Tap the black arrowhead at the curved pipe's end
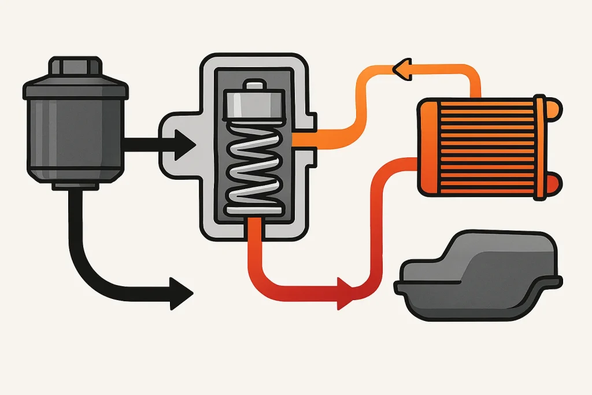(x=180, y=287)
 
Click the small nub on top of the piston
(x=254, y=86)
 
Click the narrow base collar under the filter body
(x=75, y=184)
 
